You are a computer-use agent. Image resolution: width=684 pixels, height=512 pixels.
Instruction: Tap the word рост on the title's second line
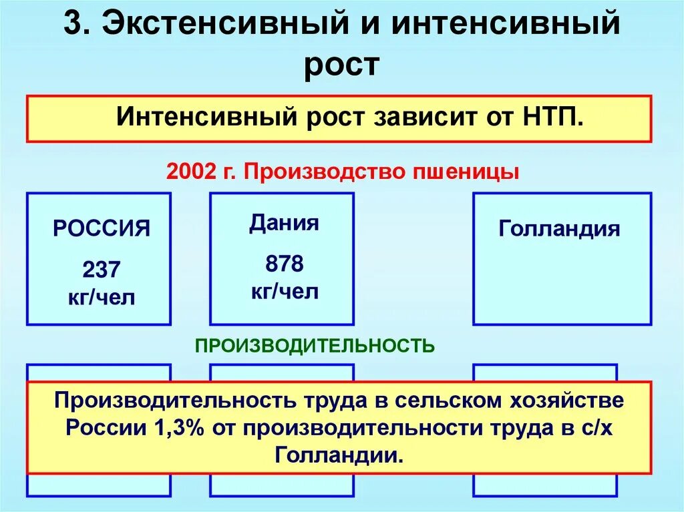pos(341,67)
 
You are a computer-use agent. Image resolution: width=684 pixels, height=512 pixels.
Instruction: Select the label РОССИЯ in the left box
pos(102,229)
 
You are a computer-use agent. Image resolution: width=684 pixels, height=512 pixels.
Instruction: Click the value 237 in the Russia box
pos(102,270)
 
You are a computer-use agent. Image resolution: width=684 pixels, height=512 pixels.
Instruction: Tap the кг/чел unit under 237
pos(102,297)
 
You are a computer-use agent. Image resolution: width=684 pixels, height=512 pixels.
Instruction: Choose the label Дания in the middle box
pos(284,223)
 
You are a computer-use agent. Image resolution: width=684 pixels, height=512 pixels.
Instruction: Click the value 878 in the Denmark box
pos(284,264)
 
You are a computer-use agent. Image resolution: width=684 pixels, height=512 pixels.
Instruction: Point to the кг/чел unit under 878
pos(284,291)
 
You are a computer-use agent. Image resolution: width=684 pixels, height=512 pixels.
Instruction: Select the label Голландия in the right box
pos(558,229)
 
